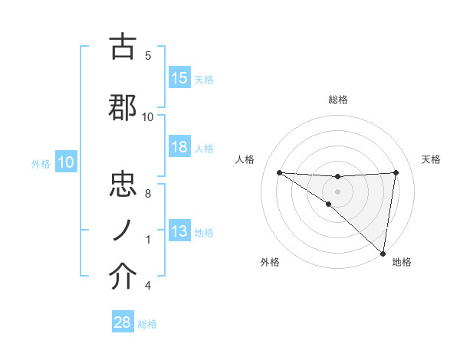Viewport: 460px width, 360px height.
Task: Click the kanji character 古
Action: [x=123, y=47]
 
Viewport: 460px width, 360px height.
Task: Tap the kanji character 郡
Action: [x=123, y=108]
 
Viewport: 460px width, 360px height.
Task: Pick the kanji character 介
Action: [x=123, y=277]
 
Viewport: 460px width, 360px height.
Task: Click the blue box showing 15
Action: [x=179, y=78]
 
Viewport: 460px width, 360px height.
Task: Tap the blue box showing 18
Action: [x=179, y=148]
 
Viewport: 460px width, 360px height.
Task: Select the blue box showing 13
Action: [x=179, y=232]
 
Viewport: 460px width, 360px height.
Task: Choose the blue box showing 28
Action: [x=123, y=322]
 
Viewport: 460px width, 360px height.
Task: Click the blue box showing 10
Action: [x=66, y=162]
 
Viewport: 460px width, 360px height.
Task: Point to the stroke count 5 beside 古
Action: [x=148, y=56]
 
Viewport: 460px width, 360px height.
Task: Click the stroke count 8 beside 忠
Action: [x=148, y=194]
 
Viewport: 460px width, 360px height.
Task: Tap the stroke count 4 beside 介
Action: [x=148, y=286]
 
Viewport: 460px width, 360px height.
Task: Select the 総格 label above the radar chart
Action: [x=337, y=100]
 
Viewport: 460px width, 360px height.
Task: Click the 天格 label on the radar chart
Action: [x=431, y=159]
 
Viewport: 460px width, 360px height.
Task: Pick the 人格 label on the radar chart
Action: [x=245, y=159]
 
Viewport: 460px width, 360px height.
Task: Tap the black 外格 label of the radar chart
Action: [x=270, y=262]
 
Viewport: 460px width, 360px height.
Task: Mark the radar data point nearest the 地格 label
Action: [x=382, y=252]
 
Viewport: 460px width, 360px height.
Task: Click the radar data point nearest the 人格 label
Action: [x=279, y=172]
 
